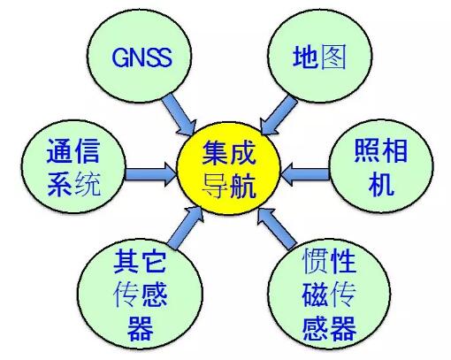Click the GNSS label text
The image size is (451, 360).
tap(142, 57)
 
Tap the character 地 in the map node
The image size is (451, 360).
tap(305, 57)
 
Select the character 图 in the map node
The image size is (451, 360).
tap(333, 57)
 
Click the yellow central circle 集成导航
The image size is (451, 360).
tap(228, 168)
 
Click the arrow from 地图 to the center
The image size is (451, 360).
tap(278, 116)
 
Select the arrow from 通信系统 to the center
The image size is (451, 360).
tap(150, 174)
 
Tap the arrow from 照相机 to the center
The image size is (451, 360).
tap(305, 174)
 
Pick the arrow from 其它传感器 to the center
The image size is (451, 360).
tap(186, 227)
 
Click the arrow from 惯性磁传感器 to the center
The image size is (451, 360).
tap(276, 228)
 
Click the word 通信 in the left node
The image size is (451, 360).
tap(73, 150)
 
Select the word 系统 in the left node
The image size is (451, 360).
tap(73, 184)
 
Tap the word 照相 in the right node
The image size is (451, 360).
tap(380, 150)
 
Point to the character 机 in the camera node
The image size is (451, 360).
tap(381, 184)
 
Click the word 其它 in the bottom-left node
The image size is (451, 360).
tap(140, 261)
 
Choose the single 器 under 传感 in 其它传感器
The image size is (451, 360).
tap(141, 327)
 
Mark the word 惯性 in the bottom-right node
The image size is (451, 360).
tap(329, 260)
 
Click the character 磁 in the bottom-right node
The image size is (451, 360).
tap(315, 294)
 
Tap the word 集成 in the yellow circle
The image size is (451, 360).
tap(228, 152)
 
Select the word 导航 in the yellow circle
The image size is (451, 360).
tap(228, 185)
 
